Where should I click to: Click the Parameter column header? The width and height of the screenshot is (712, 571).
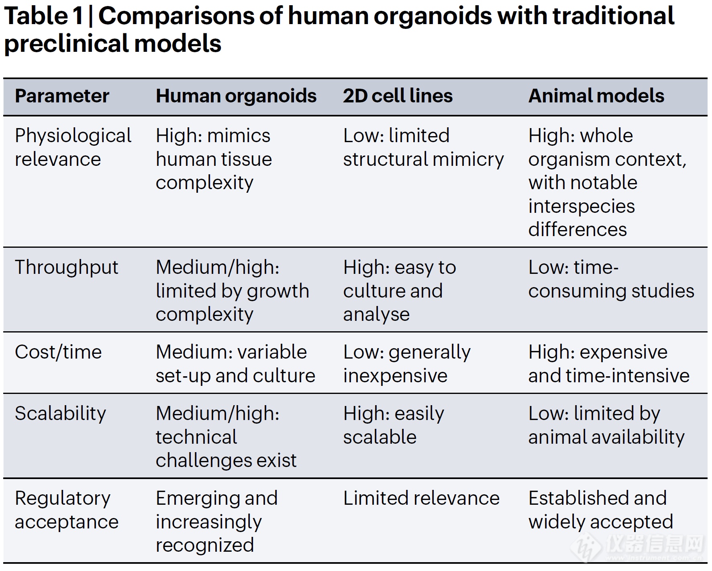pyautogui.click(x=62, y=96)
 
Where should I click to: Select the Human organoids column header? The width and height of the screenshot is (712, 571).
pyautogui.click(x=236, y=96)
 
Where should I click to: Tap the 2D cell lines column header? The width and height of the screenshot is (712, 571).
pyautogui.click(x=398, y=96)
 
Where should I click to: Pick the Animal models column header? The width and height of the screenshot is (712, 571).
pyautogui.click(x=596, y=96)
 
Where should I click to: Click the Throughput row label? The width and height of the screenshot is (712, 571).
pyautogui.click(x=66, y=267)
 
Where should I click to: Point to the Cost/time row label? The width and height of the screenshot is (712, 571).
pyautogui.click(x=58, y=352)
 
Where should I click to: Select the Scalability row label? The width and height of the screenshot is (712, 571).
pyautogui.click(x=60, y=414)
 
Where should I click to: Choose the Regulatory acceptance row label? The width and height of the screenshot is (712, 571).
pyautogui.click(x=66, y=510)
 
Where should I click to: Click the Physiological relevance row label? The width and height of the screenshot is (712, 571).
pyautogui.click(x=73, y=147)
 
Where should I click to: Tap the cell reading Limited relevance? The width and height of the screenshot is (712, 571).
pyautogui.click(x=421, y=498)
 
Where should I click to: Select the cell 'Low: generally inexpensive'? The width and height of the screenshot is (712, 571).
pyautogui.click(x=406, y=364)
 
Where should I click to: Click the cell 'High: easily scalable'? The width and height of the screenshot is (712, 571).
pyautogui.click(x=394, y=425)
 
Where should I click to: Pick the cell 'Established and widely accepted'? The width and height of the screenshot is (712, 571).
pyautogui.click(x=600, y=510)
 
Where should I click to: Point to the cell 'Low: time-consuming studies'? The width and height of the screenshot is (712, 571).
pyautogui.click(x=611, y=279)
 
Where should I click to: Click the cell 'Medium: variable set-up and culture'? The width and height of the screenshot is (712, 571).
pyautogui.click(x=235, y=364)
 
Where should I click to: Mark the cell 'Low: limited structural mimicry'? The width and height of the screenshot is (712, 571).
pyautogui.click(x=423, y=147)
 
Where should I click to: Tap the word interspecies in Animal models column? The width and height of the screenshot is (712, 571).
pyautogui.click(x=581, y=206)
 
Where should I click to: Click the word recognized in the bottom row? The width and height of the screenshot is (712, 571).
pyautogui.click(x=204, y=545)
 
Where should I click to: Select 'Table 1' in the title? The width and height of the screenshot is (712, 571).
pyautogui.click(x=43, y=16)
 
